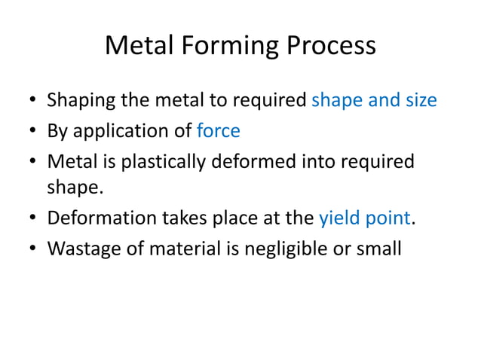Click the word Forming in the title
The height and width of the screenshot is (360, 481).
(x=226, y=46)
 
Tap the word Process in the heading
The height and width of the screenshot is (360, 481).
(x=329, y=46)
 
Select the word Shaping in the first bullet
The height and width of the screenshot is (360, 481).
(x=78, y=100)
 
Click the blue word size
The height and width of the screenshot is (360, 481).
(x=421, y=100)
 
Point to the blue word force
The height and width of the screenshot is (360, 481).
(x=218, y=131)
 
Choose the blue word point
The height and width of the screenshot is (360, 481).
(x=388, y=218)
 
